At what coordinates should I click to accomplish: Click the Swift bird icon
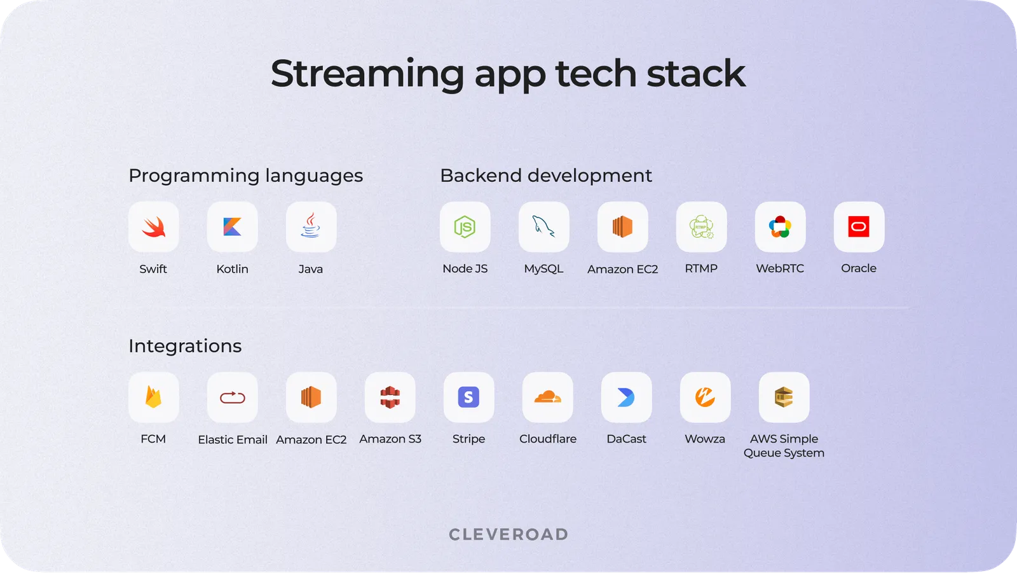pyautogui.click(x=154, y=227)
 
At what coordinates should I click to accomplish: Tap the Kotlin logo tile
pyautogui.click(x=232, y=227)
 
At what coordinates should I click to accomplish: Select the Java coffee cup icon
pyautogui.click(x=311, y=226)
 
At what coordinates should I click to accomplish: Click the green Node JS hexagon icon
pyautogui.click(x=465, y=227)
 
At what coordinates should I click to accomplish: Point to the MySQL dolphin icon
pyautogui.click(x=543, y=226)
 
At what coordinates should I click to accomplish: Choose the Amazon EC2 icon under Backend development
pyautogui.click(x=622, y=227)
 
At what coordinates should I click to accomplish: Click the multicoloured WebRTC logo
pyautogui.click(x=780, y=227)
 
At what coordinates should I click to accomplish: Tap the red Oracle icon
pyautogui.click(x=859, y=227)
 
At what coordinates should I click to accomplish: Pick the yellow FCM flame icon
pyautogui.click(x=154, y=397)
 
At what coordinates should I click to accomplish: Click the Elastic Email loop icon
pyautogui.click(x=232, y=397)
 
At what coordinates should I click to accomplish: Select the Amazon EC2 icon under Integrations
pyautogui.click(x=311, y=397)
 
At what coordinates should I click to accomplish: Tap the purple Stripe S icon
pyautogui.click(x=468, y=397)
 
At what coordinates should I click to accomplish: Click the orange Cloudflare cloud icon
pyautogui.click(x=547, y=397)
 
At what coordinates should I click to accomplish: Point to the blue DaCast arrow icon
pyautogui.click(x=626, y=397)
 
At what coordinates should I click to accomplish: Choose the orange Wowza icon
pyautogui.click(x=705, y=397)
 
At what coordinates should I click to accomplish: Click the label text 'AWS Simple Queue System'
pyautogui.click(x=784, y=446)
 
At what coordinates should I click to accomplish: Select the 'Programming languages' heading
pyautogui.click(x=245, y=176)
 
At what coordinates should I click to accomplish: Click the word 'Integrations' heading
pyautogui.click(x=185, y=346)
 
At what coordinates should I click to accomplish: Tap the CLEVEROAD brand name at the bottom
pyautogui.click(x=508, y=534)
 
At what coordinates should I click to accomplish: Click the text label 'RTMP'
pyautogui.click(x=701, y=268)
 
